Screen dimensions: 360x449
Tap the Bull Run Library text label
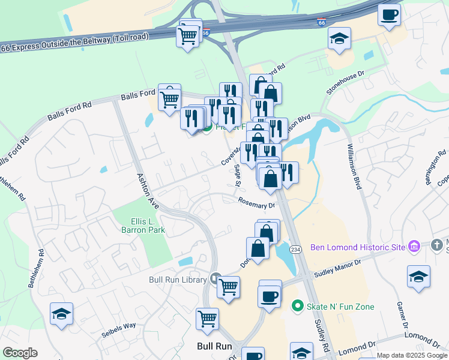coord(178,279)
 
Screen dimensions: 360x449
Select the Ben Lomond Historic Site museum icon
coord(413,247)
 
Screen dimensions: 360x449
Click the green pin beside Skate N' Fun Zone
coord(296,307)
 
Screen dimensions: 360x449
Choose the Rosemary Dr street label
coord(256,203)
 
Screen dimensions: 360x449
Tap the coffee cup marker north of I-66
coord(389,14)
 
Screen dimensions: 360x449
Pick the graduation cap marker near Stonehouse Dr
coord(339,39)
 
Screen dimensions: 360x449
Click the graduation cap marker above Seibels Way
coord(61,314)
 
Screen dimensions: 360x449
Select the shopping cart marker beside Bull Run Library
coord(228,287)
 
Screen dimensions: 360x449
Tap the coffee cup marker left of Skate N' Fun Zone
coord(270,295)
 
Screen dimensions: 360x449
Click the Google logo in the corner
coord(20,353)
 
